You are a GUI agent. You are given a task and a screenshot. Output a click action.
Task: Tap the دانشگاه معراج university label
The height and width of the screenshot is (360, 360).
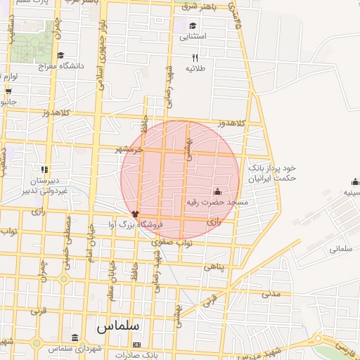coord(60,65)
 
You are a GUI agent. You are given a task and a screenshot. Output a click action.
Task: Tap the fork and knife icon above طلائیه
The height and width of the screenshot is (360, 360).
coord(195,58)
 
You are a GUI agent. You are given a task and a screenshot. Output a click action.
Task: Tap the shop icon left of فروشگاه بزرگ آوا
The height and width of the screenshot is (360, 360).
coord(136,212)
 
